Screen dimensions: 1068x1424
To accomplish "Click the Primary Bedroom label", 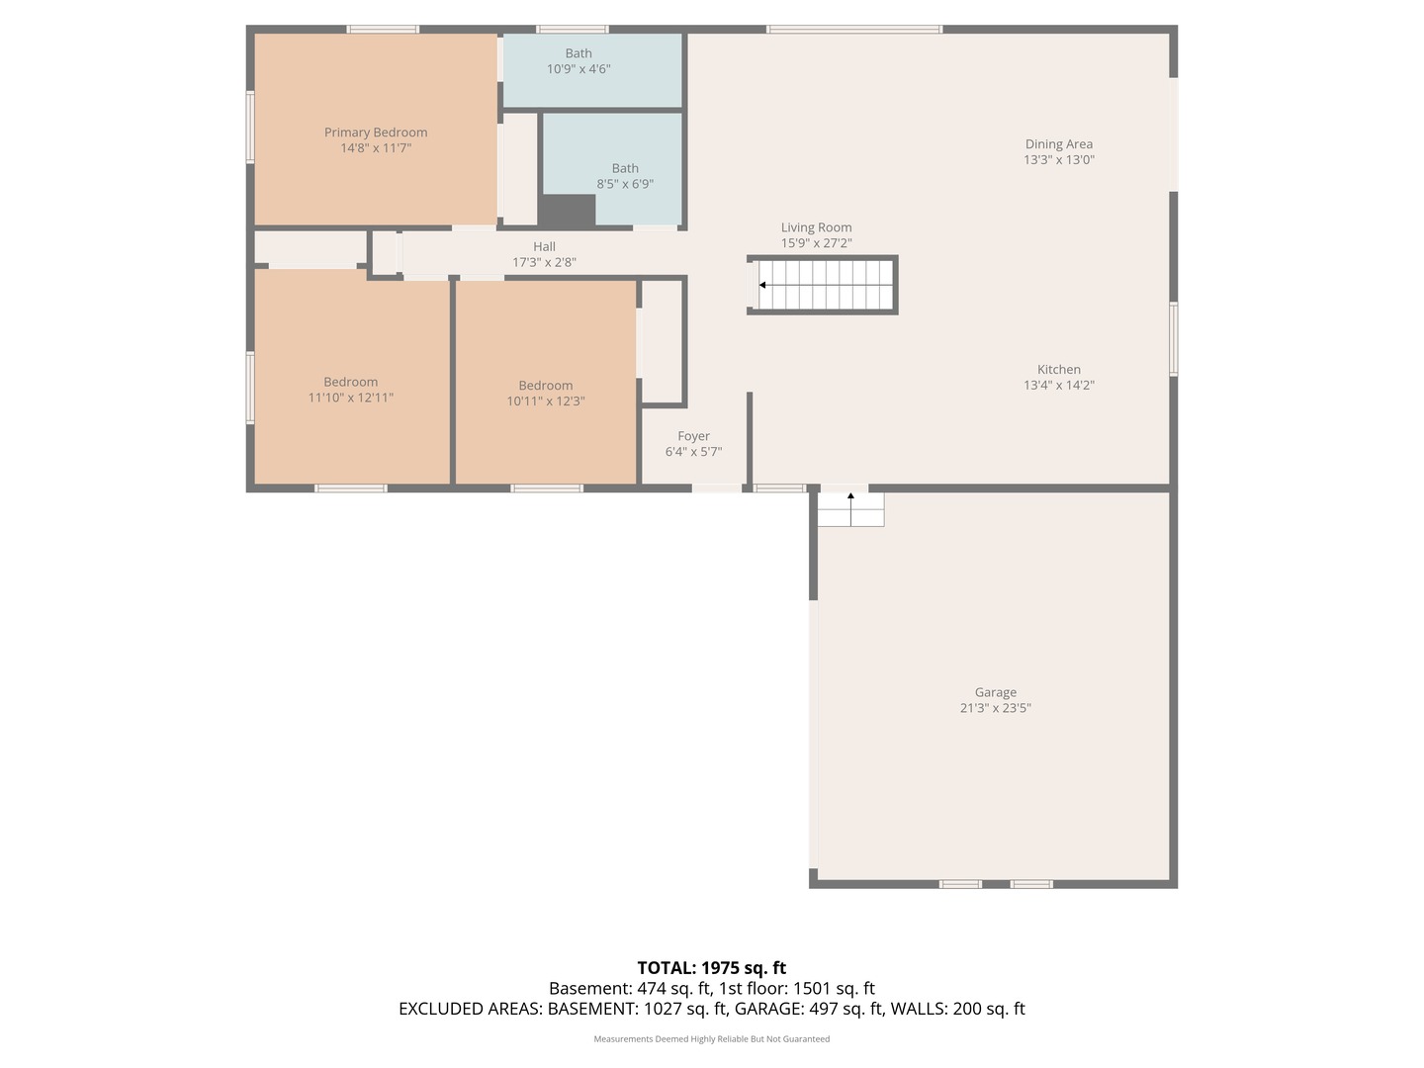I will pyautogui.click(x=376, y=133).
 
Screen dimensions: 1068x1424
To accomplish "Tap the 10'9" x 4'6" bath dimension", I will pyautogui.click(x=578, y=69).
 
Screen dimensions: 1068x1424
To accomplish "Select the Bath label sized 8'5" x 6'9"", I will pyautogui.click(x=625, y=168).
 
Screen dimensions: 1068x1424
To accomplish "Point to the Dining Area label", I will pyautogui.click(x=1058, y=144).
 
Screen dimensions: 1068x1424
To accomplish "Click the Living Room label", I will pyautogui.click(x=816, y=227).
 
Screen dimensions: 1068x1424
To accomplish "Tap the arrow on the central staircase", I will pyautogui.click(x=762, y=285).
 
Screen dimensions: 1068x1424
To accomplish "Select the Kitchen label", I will pyautogui.click(x=1058, y=370).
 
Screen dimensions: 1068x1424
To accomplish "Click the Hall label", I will pyautogui.click(x=544, y=247).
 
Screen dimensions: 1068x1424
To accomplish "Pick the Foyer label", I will pyautogui.click(x=693, y=436).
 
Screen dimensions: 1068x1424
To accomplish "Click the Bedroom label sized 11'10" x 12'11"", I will pyautogui.click(x=350, y=383).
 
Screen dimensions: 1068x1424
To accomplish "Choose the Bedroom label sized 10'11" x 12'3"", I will pyautogui.click(x=545, y=386).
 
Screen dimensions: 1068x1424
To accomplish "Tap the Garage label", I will pyautogui.click(x=995, y=693).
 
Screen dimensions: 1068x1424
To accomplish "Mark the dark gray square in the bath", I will pyautogui.click(x=567, y=210).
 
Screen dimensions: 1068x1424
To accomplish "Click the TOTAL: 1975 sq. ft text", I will pyautogui.click(x=711, y=968).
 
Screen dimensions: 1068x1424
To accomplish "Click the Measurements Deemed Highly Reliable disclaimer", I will pyautogui.click(x=711, y=1039).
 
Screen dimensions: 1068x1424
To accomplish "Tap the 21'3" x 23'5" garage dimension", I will pyautogui.click(x=995, y=708).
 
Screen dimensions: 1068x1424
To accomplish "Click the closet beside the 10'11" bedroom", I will pyautogui.click(x=663, y=341).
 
